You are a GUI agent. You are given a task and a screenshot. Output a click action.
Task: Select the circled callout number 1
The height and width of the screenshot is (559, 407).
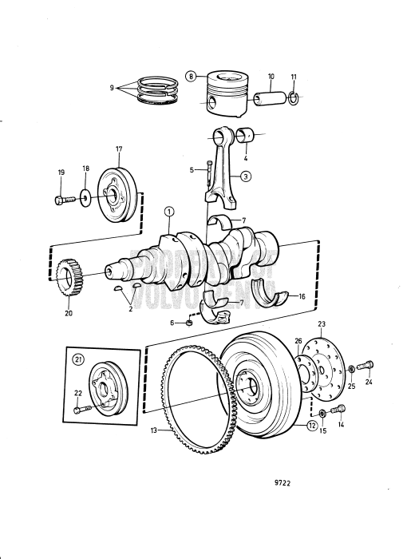coord(169,212)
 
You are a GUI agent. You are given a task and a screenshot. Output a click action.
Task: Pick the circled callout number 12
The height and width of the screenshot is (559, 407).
coord(310,426)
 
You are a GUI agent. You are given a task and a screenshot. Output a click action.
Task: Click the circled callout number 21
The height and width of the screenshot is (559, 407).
coord(78,359)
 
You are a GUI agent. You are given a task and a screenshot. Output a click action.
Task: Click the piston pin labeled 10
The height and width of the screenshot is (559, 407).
coord(269,99)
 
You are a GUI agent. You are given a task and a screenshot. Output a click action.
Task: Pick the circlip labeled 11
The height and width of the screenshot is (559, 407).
coord(294,99)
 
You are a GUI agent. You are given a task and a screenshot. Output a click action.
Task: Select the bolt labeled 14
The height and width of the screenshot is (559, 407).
coord(338,410)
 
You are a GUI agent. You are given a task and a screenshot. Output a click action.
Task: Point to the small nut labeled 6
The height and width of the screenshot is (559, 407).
coord(211,322)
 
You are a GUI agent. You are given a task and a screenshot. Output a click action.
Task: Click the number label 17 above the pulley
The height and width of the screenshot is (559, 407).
coord(118,149)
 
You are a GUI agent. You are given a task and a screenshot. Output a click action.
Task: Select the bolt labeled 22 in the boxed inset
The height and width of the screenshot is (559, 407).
coord(77,410)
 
